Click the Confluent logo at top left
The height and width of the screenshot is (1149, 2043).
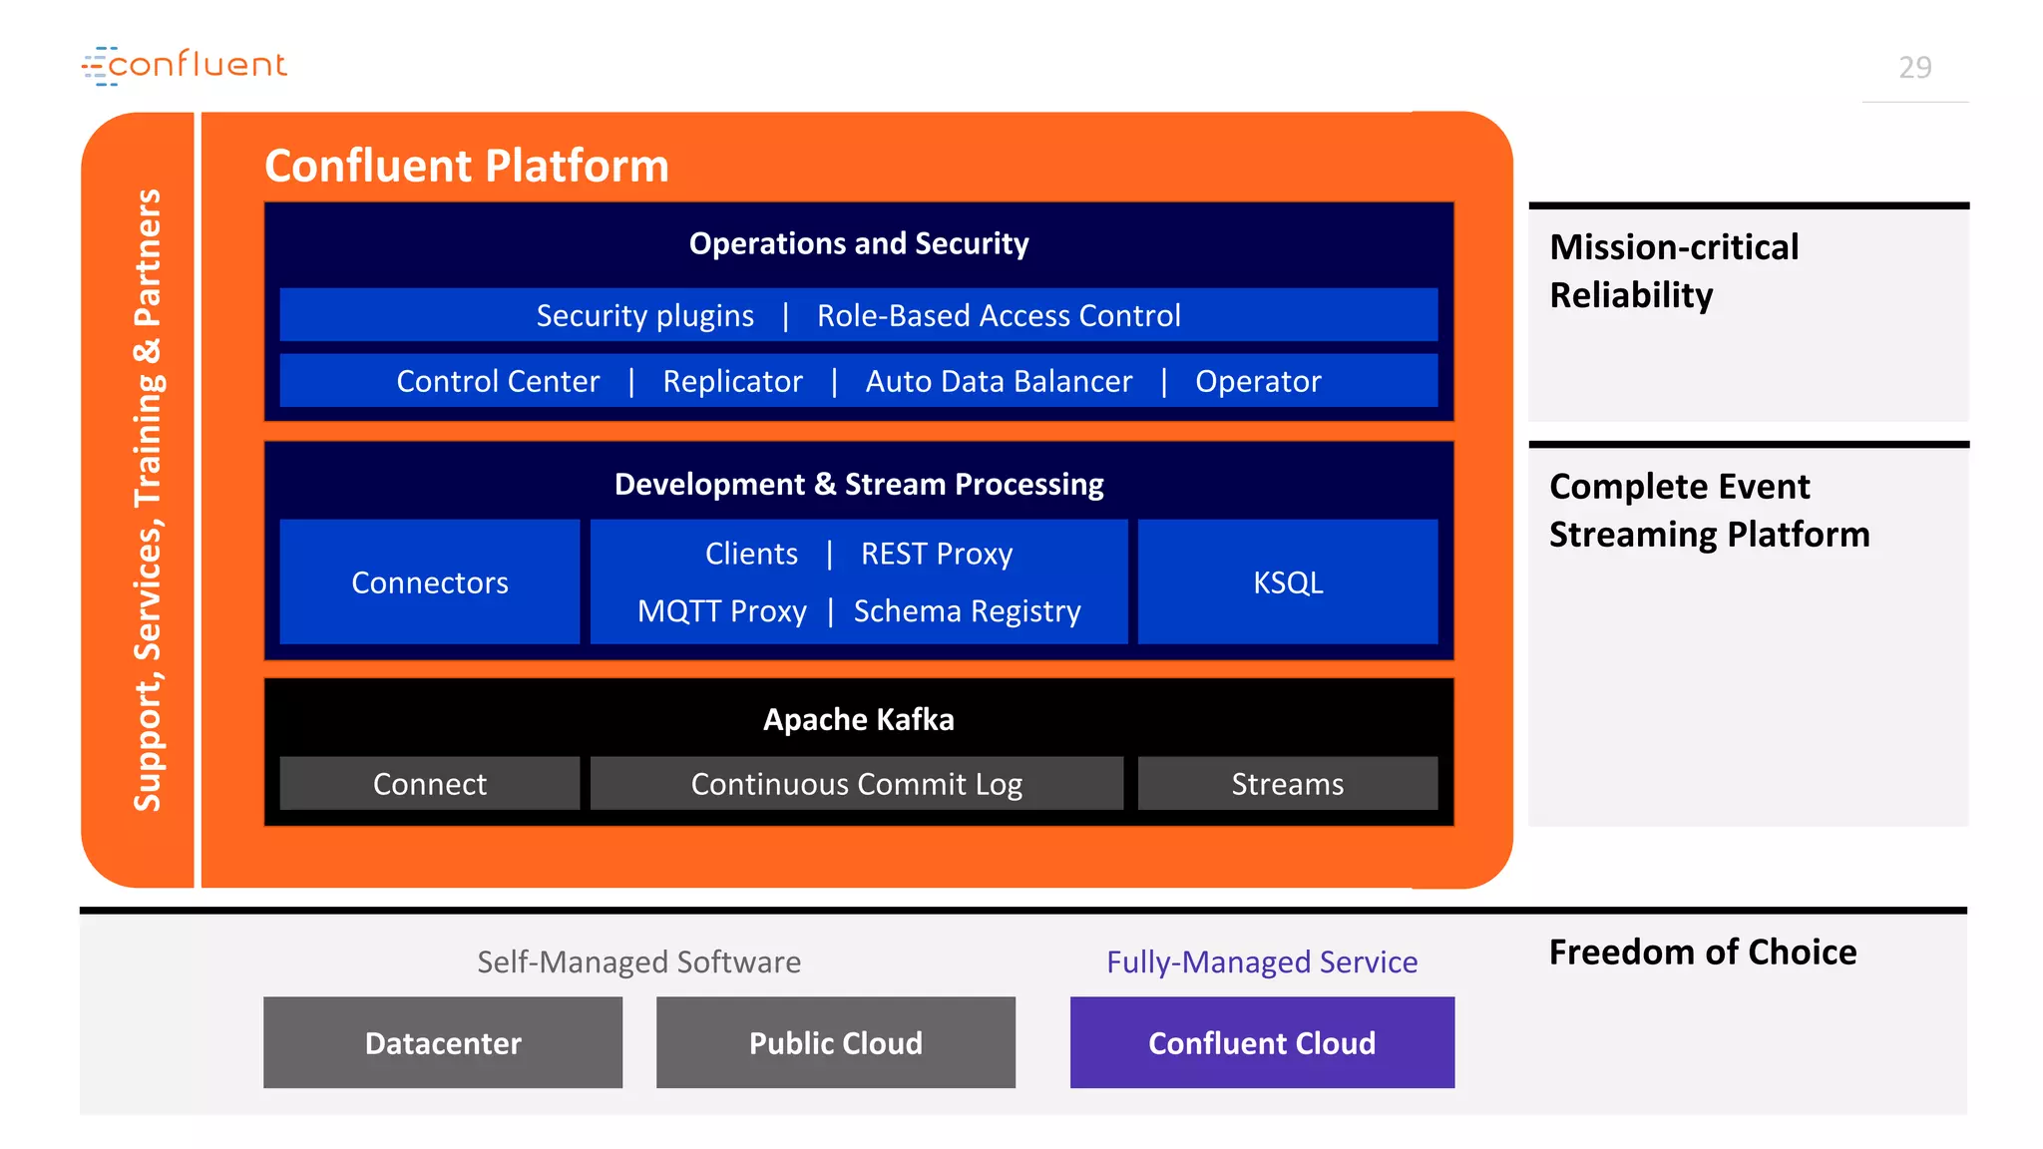(x=185, y=65)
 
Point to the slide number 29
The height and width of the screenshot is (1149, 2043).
(x=1914, y=68)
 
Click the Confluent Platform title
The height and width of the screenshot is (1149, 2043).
(x=466, y=166)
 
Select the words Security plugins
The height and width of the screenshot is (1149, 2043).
(x=644, y=316)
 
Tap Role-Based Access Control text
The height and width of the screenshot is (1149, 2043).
(x=999, y=316)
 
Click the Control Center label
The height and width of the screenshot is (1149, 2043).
(x=498, y=382)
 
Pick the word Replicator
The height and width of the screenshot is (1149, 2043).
(x=732, y=382)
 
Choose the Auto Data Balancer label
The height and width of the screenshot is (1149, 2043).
(x=999, y=382)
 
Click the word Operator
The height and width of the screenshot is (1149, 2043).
(x=1258, y=382)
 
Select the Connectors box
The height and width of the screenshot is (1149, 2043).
(x=430, y=582)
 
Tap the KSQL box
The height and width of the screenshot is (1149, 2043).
(x=1288, y=582)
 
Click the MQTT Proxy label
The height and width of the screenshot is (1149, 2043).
(x=722, y=611)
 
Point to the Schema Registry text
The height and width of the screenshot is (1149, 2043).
(x=967, y=611)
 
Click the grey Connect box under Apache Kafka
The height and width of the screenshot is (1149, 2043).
(x=430, y=784)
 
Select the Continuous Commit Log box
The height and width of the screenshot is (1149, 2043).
(x=857, y=784)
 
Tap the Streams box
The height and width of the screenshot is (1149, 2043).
(x=1288, y=784)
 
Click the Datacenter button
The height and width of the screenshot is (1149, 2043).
(x=443, y=1043)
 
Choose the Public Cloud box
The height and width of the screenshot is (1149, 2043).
(x=836, y=1043)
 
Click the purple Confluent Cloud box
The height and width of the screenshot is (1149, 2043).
(x=1262, y=1043)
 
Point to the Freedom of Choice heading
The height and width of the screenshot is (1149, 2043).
(x=1703, y=953)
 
